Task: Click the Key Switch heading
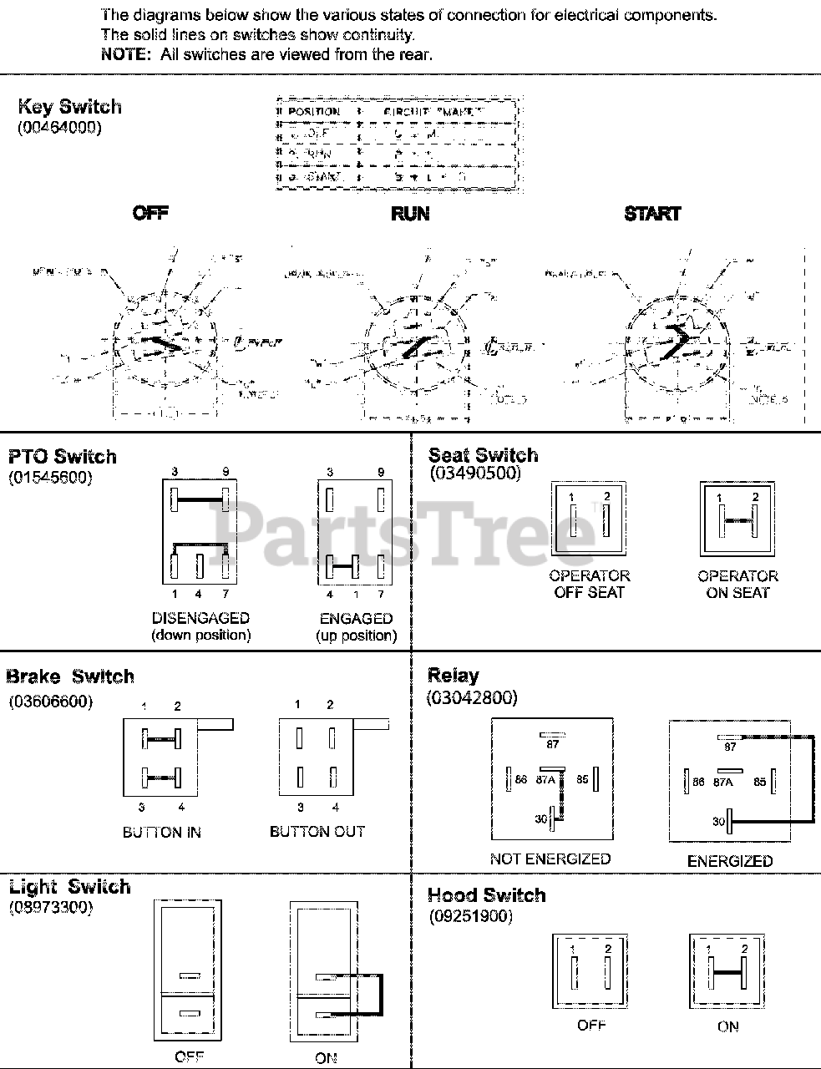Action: pyautogui.click(x=69, y=107)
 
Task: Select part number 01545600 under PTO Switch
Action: pyautogui.click(x=50, y=478)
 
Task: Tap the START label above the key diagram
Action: pyautogui.click(x=652, y=214)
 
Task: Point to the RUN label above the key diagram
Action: pyautogui.click(x=410, y=214)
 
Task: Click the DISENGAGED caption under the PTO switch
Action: pyautogui.click(x=200, y=619)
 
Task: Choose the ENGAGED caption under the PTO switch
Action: pyautogui.click(x=356, y=619)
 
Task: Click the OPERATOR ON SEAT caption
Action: pyautogui.click(x=737, y=584)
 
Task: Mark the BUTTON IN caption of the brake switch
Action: pyautogui.click(x=162, y=833)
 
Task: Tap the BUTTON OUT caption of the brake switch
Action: pyautogui.click(x=317, y=832)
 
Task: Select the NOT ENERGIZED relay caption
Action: pyautogui.click(x=550, y=859)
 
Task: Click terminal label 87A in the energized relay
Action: pyautogui.click(x=722, y=783)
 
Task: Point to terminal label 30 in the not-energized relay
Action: pyautogui.click(x=541, y=819)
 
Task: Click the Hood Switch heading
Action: pyautogui.click(x=486, y=895)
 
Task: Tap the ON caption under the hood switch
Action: pyautogui.click(x=727, y=1026)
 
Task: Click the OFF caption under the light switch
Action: pyautogui.click(x=189, y=1057)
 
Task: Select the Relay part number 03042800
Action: pyautogui.click(x=472, y=697)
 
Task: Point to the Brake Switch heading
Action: pyautogui.click(x=70, y=676)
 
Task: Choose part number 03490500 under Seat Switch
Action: pyautogui.click(x=474, y=474)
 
